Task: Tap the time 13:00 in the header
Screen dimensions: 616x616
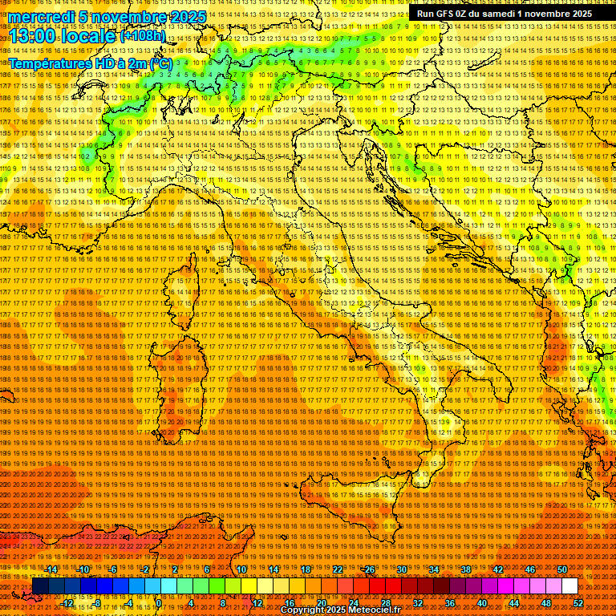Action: pyautogui.click(x=33, y=36)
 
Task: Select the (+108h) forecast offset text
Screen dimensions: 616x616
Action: pyautogui.click(x=142, y=36)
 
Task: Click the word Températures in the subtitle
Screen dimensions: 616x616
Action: pyautogui.click(x=48, y=63)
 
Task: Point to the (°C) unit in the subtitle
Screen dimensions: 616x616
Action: pyautogui.click(x=160, y=63)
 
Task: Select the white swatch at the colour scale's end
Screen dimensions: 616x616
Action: pyautogui.click(x=569, y=586)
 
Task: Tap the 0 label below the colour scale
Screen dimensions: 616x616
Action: pyautogui.click(x=159, y=603)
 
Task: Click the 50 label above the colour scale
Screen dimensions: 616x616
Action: pyautogui.click(x=562, y=569)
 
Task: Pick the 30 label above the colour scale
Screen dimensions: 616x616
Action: pyautogui.click(x=401, y=569)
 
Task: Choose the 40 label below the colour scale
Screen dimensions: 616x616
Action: pyautogui.click(x=482, y=603)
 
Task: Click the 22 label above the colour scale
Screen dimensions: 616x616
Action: pyautogui.click(x=337, y=569)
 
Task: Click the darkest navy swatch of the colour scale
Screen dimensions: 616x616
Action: pyautogui.click(x=39, y=586)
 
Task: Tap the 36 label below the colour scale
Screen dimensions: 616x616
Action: pyautogui.click(x=450, y=603)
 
